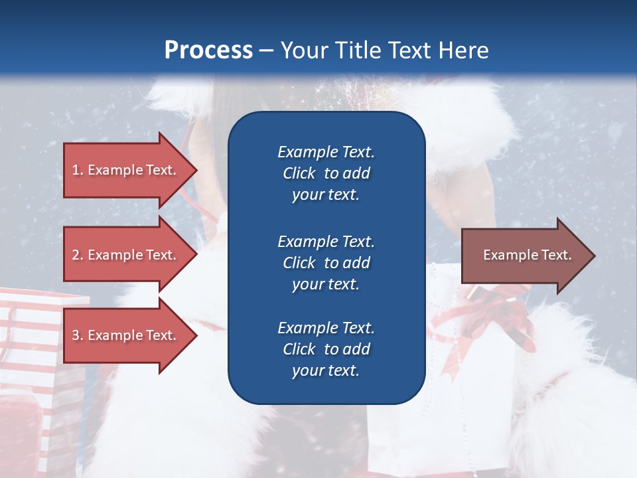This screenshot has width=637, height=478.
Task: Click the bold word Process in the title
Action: point(208,50)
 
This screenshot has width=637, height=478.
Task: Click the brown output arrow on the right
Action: point(524,256)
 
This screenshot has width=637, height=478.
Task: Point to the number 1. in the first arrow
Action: point(78,170)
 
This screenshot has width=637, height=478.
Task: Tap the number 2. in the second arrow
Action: point(78,255)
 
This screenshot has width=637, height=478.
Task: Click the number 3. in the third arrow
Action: point(78,335)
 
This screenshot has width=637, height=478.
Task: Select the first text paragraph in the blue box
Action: point(326,173)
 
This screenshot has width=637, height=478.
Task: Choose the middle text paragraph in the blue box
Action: point(326,263)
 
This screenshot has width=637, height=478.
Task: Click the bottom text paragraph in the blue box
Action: point(326,349)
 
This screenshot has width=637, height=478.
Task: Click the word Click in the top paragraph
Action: point(299,173)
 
